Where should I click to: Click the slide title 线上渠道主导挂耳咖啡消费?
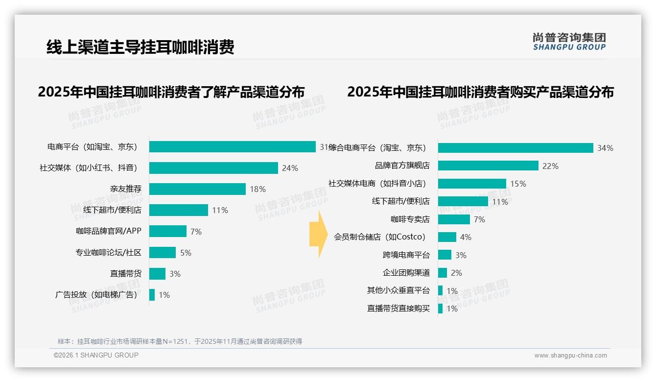pyautogui.click(x=141, y=47)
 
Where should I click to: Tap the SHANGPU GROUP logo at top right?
pyautogui.click(x=569, y=42)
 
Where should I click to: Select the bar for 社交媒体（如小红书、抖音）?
pyautogui.click(x=213, y=168)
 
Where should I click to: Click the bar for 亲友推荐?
pyautogui.click(x=197, y=189)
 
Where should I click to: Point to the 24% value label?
pyautogui.click(x=290, y=168)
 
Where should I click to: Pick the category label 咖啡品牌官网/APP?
pyautogui.click(x=108, y=232)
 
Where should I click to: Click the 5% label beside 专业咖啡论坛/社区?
pyautogui.click(x=186, y=253)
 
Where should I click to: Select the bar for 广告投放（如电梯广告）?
pyautogui.click(x=152, y=295)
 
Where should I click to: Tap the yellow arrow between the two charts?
pyautogui.click(x=318, y=235)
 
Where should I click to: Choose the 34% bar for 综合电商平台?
pyautogui.click(x=515, y=148)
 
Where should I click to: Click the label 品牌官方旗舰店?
pyautogui.click(x=402, y=166)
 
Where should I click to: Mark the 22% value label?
pyautogui.click(x=550, y=166)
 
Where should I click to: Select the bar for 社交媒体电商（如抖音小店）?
pyautogui.click(x=472, y=184)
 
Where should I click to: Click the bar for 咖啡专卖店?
pyautogui.click(x=454, y=219)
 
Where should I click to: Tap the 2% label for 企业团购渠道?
pyautogui.click(x=456, y=273)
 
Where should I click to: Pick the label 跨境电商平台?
pyautogui.click(x=406, y=255)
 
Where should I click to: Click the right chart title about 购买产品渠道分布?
pyautogui.click(x=480, y=92)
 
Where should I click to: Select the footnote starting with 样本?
pyautogui.click(x=180, y=341)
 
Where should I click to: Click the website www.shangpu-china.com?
pyautogui.click(x=570, y=356)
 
